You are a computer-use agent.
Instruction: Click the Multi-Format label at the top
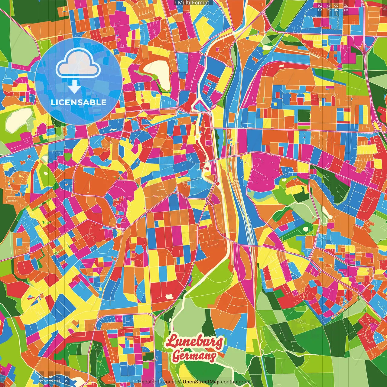coord(193,3)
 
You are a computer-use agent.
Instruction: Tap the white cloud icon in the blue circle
coord(78,64)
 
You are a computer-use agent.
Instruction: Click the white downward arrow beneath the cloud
coord(74,86)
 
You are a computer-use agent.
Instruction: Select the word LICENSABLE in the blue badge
coord(79,102)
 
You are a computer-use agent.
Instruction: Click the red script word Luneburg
coord(194,342)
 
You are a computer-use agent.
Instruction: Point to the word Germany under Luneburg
coord(194,356)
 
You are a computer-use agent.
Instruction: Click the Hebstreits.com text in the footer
coord(155,382)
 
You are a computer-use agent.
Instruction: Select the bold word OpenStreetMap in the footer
coord(201,382)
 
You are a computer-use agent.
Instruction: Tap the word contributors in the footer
coord(235,382)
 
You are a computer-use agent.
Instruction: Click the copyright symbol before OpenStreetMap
coord(179,382)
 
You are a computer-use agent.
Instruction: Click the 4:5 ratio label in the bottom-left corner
coord(41,379)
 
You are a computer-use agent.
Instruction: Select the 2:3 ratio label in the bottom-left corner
coord(67,379)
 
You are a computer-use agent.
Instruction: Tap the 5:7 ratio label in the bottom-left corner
coord(58,379)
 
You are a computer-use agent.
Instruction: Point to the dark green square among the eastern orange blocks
coord(304,116)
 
